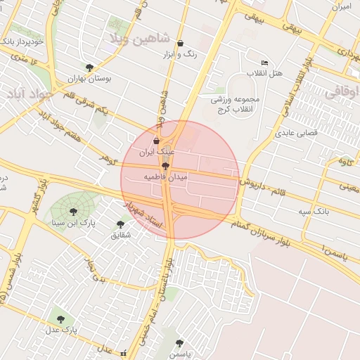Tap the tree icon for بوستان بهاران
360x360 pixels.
point(89,67)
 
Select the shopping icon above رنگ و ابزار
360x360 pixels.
point(181,43)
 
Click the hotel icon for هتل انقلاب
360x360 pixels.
point(264,63)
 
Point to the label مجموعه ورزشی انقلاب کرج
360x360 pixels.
point(236,103)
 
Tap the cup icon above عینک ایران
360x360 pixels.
point(156,141)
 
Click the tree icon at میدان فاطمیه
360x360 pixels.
point(165,166)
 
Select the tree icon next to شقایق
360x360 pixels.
point(121,224)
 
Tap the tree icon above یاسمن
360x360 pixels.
point(179,343)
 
